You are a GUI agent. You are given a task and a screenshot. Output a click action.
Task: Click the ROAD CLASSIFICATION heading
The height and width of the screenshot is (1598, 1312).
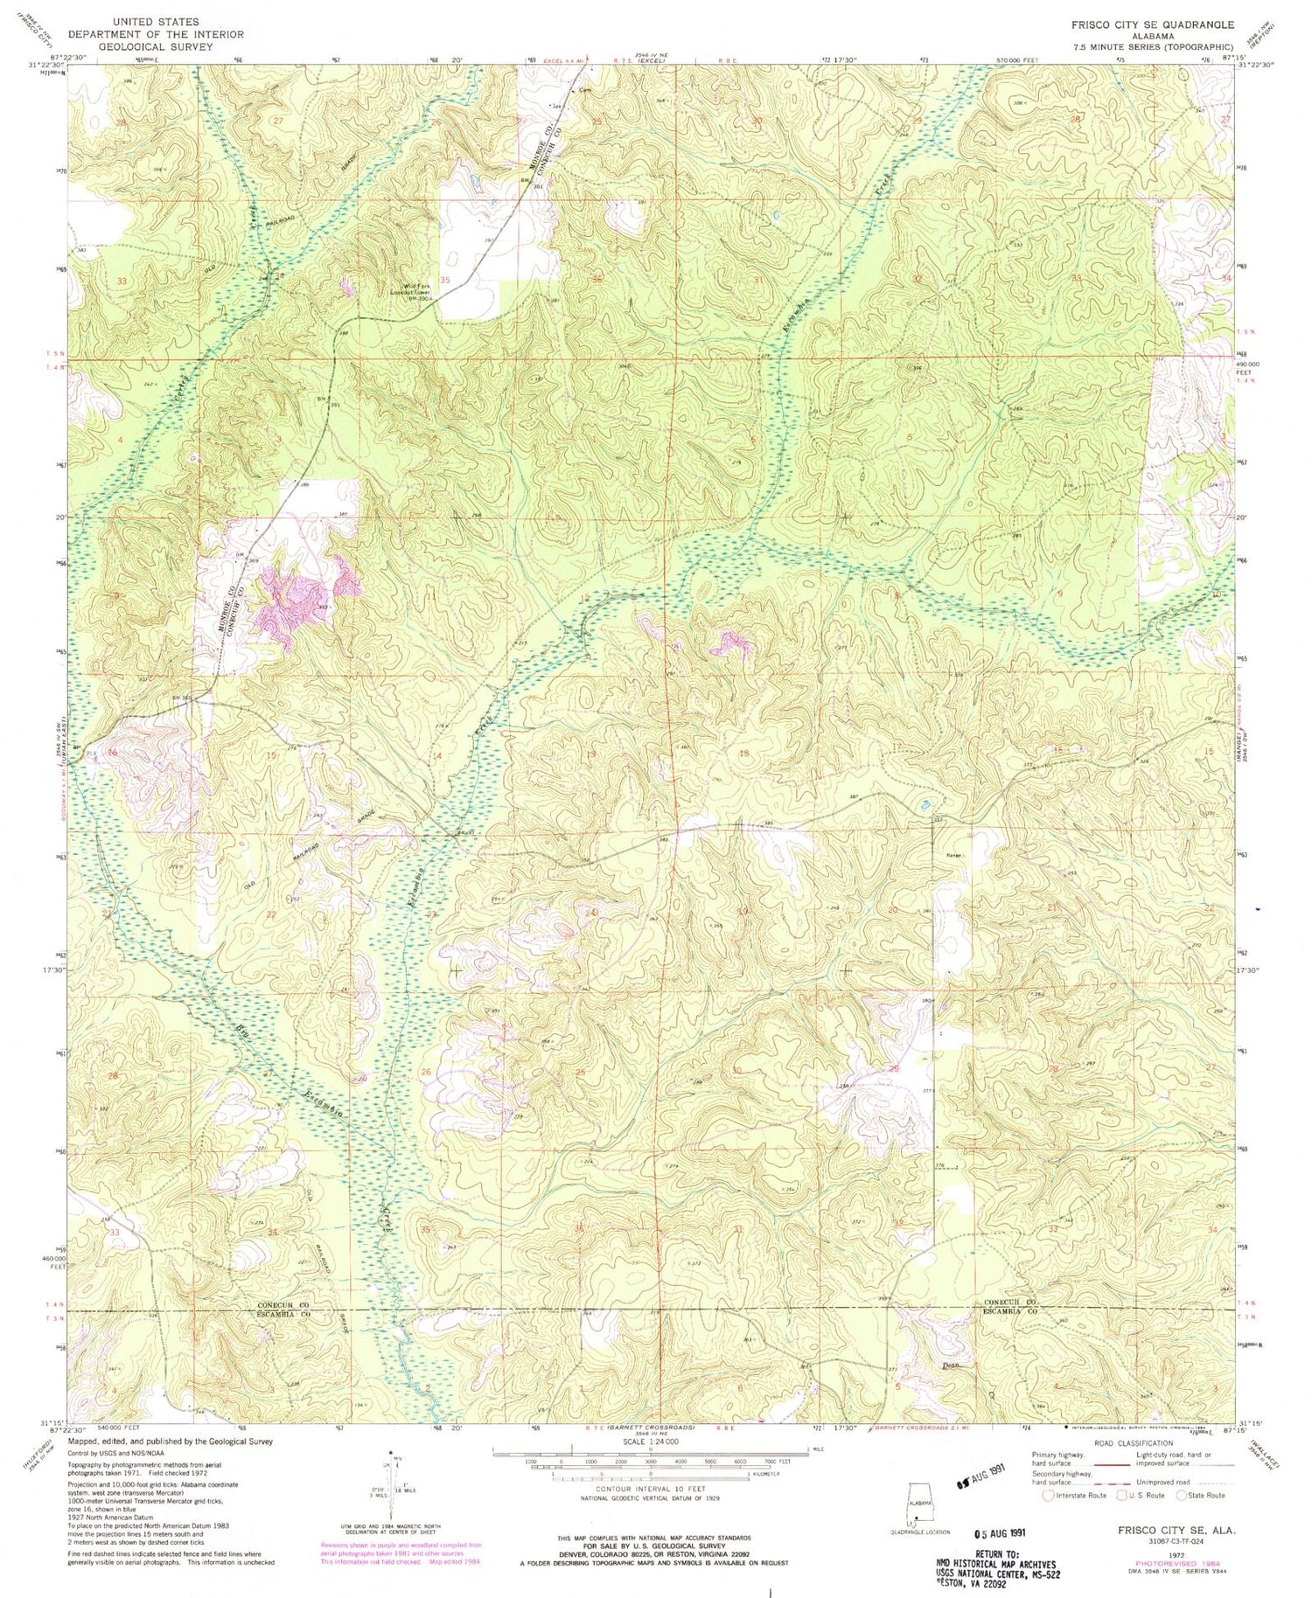coord(1132,1443)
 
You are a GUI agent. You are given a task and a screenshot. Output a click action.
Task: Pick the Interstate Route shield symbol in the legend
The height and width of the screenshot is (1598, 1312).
coord(1048,1496)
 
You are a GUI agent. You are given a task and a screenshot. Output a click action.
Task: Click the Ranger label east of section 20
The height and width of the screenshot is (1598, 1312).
coord(954,857)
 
